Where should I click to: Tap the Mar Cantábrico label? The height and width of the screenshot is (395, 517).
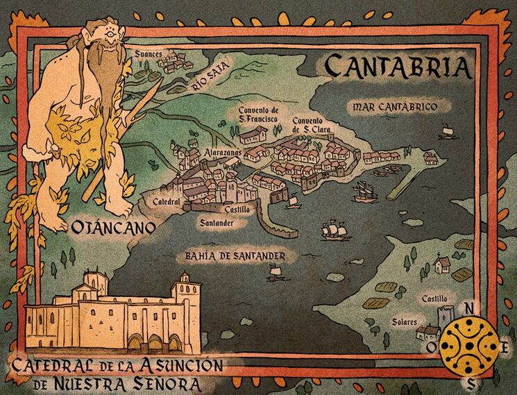coord(394,107)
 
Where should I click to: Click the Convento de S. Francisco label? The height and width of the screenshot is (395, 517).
coord(258,115)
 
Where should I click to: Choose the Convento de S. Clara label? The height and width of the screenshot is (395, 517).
coord(311,125)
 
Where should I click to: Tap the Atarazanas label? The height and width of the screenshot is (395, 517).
coord(222,151)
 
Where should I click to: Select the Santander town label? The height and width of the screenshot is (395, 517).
coord(216,224)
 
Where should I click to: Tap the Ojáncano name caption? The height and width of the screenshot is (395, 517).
coord(110,226)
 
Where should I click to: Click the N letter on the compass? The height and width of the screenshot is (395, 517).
coord(470,309)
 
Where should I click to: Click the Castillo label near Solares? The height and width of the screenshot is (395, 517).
coord(434,299)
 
